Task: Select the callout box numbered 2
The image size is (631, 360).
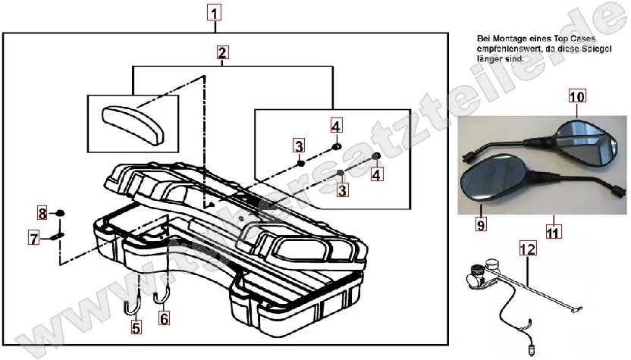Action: (221, 53)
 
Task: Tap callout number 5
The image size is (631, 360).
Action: (136, 328)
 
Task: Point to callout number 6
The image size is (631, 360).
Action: (163, 319)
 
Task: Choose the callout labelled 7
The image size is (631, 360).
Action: (33, 239)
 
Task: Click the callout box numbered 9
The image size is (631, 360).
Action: (481, 225)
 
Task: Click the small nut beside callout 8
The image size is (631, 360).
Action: (61, 212)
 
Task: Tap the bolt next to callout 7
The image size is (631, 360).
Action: (59, 238)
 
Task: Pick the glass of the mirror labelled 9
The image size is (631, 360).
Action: (491, 177)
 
